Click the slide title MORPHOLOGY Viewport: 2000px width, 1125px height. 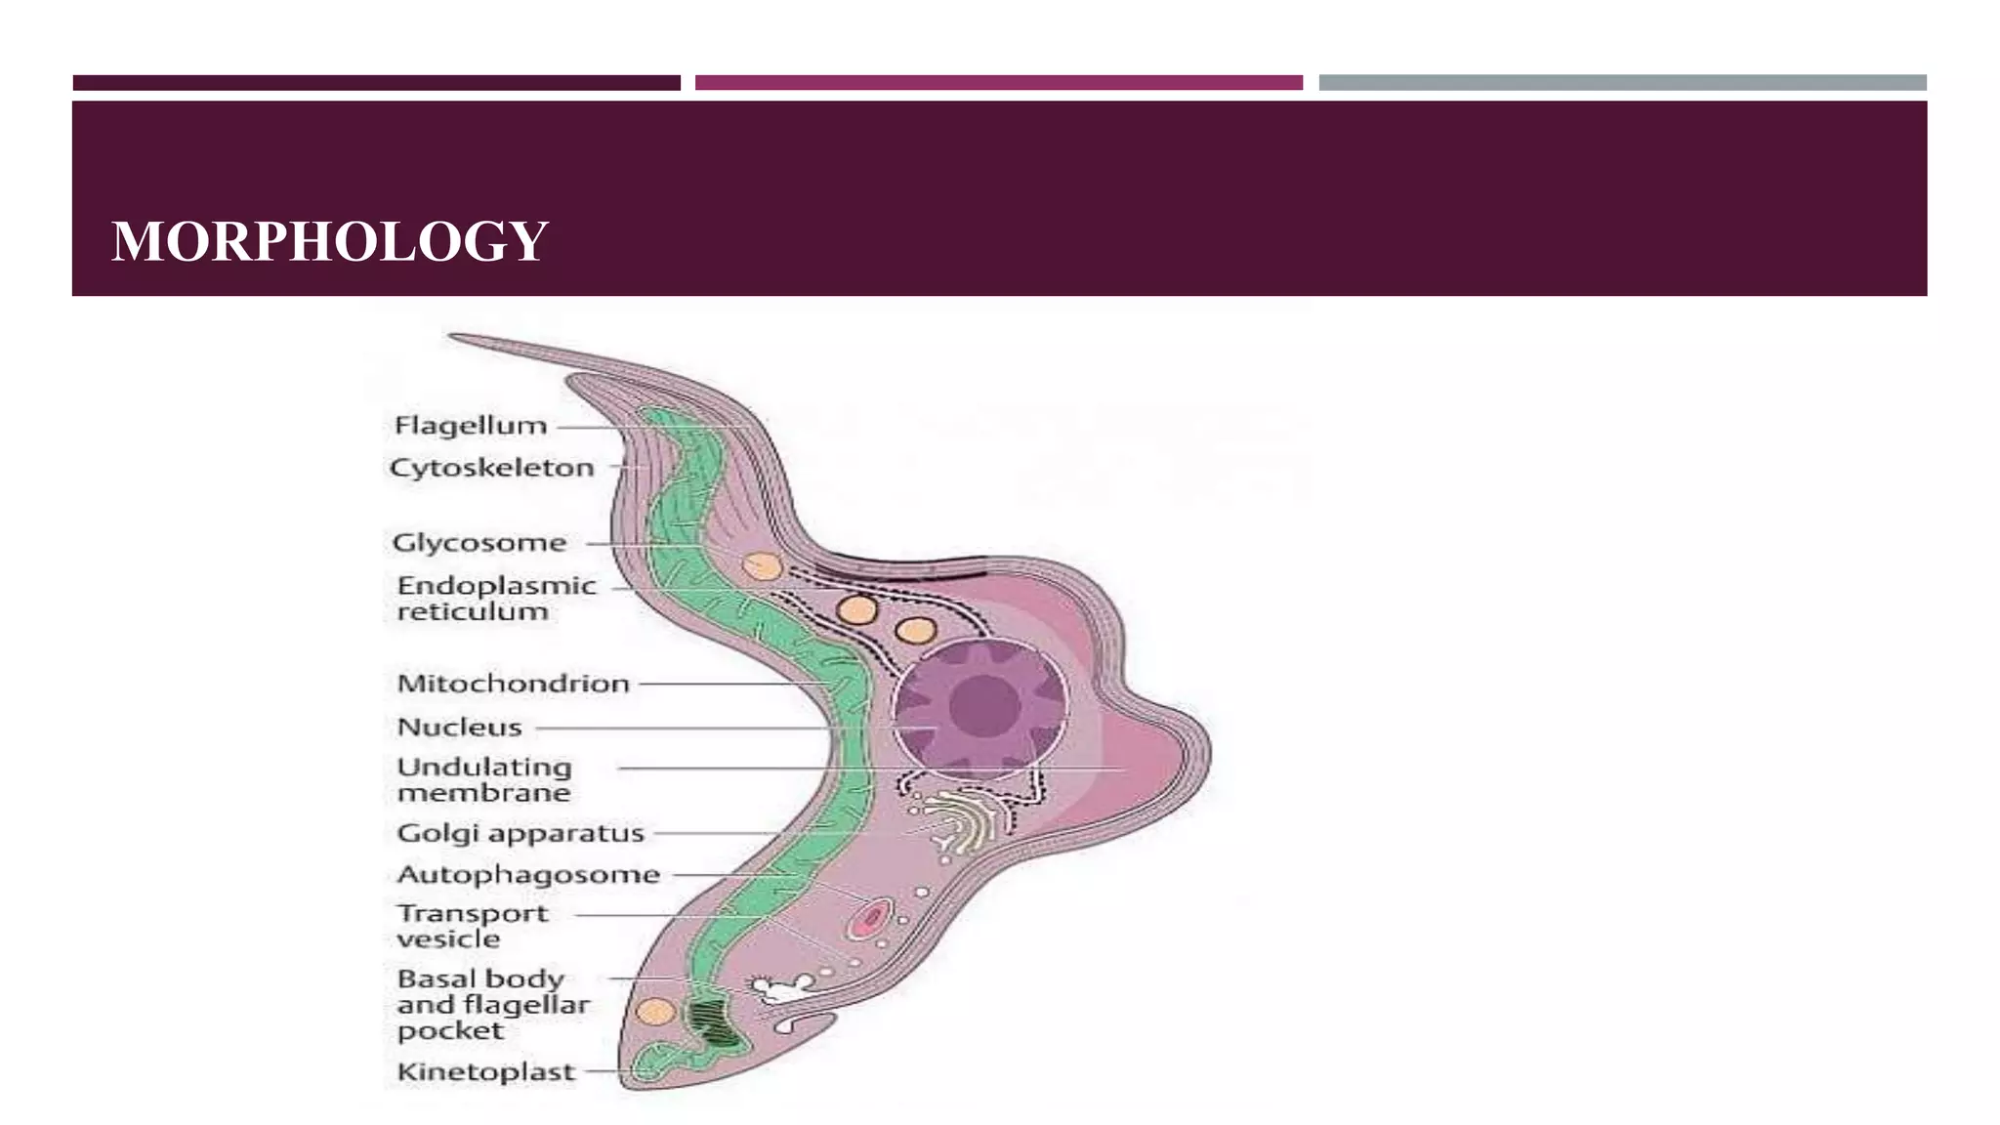pyautogui.click(x=330, y=241)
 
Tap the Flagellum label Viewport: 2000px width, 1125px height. pyautogui.click(x=470, y=426)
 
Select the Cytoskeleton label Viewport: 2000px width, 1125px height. pyautogui.click(x=491, y=468)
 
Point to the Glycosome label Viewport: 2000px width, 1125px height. pyautogui.click(x=479, y=543)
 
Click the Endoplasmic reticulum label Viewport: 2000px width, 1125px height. pyautogui.click(x=495, y=598)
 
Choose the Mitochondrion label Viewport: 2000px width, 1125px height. pyautogui.click(x=513, y=684)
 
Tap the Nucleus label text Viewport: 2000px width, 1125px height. pyautogui.click(x=459, y=728)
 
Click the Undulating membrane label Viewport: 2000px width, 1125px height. pyautogui.click(x=484, y=779)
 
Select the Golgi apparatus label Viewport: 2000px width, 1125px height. pyautogui.click(x=520, y=833)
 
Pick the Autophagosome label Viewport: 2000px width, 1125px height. pyautogui.click(x=528, y=874)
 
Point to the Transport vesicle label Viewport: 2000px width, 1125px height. pyautogui.click(x=472, y=925)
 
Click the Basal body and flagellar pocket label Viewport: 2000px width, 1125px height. pyautogui.click(x=493, y=1004)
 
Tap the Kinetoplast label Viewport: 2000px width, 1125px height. pyautogui.click(x=485, y=1071)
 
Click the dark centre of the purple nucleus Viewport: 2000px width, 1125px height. pyautogui.click(x=983, y=705)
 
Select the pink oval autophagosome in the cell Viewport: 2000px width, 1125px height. pyautogui.click(x=869, y=918)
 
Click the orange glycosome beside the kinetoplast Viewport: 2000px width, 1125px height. pyautogui.click(x=655, y=1012)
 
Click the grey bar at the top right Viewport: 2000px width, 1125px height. pyautogui.click(x=1622, y=83)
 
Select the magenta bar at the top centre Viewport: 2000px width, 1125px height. pyautogui.click(x=998, y=83)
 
